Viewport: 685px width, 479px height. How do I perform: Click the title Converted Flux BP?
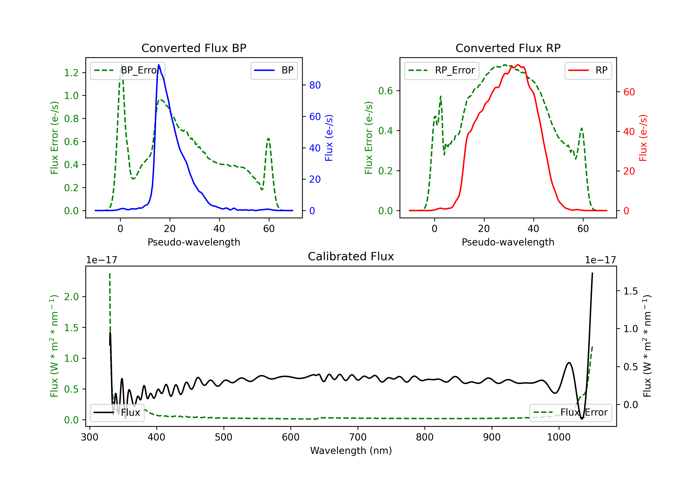194,48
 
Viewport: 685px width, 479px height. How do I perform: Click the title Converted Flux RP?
508,48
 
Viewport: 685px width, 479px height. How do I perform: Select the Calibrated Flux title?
351,256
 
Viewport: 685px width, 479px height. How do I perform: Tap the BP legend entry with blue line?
274,70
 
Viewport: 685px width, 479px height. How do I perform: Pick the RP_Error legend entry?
442,70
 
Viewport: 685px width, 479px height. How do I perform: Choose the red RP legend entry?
588,70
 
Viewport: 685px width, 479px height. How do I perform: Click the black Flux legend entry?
117,413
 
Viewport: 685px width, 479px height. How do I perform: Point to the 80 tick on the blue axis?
315,85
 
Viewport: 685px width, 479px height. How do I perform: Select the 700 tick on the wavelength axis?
358,437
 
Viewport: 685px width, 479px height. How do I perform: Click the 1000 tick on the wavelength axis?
559,437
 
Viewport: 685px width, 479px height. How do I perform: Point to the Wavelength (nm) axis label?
351,450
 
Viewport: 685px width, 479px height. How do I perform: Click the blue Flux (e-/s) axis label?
329,138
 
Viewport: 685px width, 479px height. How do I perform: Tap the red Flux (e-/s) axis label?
643,138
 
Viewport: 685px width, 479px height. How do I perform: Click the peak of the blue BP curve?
159,65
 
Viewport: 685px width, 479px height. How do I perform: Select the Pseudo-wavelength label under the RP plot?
508,242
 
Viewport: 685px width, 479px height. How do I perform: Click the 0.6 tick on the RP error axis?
385,91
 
